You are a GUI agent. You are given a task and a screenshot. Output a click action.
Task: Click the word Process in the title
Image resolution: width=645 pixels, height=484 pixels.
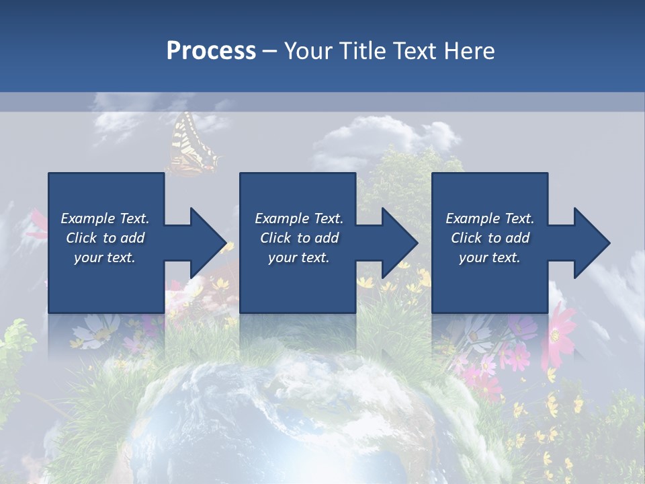coord(211,51)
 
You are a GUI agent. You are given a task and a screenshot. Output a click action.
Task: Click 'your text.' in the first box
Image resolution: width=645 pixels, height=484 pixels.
coord(105,257)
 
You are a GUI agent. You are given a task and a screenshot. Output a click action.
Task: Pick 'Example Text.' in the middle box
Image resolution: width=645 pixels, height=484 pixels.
coord(299,218)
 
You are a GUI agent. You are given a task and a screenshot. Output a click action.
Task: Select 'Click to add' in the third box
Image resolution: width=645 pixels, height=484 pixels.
coord(490,238)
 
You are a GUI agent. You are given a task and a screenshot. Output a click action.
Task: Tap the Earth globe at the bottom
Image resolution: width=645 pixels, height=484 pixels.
coord(282,424)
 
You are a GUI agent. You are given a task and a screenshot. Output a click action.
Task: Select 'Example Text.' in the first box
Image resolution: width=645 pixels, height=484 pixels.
coord(105,218)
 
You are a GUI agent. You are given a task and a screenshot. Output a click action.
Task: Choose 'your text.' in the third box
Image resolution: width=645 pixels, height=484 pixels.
coord(490,257)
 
